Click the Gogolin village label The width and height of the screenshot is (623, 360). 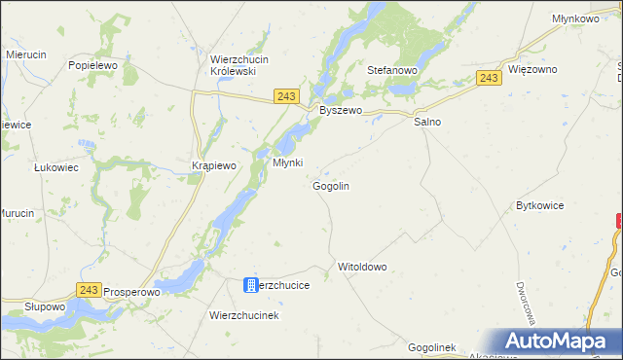[x=331, y=185]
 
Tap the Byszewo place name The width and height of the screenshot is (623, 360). [x=341, y=111]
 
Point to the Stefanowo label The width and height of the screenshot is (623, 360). [x=391, y=71]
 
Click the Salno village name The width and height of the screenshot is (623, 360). [x=427, y=123]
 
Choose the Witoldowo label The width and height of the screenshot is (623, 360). [x=362, y=267]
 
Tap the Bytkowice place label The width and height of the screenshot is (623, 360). [x=540, y=206]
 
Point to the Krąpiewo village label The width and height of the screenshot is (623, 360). [x=214, y=166]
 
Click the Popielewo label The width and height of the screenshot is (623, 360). [x=92, y=65]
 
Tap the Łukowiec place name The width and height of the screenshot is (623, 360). [x=55, y=167]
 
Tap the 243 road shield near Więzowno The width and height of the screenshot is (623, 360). [x=490, y=78]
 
